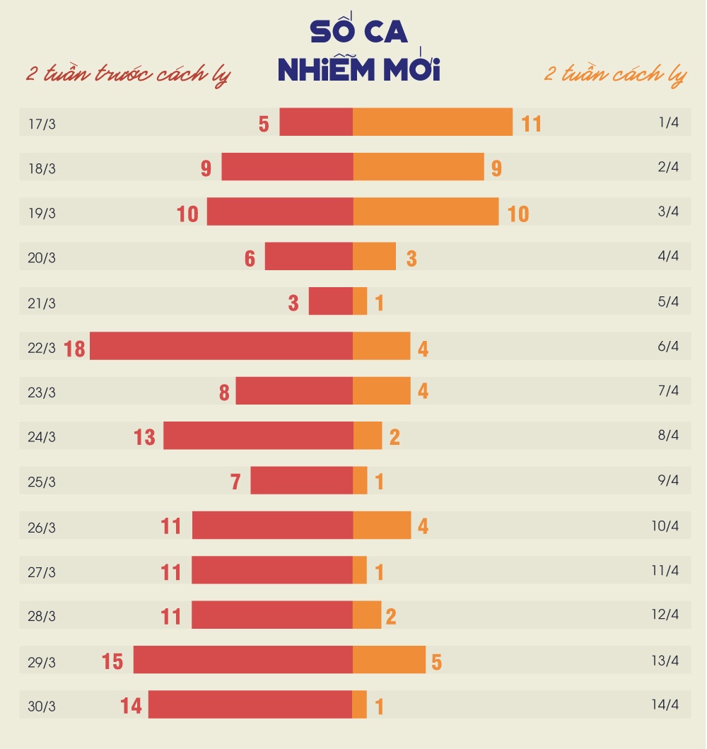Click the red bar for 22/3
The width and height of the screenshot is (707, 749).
[x=221, y=346]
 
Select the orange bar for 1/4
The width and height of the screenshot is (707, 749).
[x=433, y=122]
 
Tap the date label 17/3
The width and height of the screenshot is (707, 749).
[x=42, y=124]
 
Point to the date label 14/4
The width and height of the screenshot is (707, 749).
[x=665, y=704]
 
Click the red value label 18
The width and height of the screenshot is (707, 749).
[x=74, y=349]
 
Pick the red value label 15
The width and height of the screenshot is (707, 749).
[x=112, y=661]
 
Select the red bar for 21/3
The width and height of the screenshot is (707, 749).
[x=331, y=301]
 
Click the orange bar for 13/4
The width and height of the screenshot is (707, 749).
[x=389, y=659]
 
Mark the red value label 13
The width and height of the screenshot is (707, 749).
[x=144, y=437]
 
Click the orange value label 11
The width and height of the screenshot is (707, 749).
[x=531, y=124]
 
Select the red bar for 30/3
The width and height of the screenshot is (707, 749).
[x=250, y=704]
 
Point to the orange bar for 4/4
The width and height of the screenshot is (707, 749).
[x=374, y=256]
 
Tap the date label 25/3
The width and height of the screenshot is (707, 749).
[x=42, y=482]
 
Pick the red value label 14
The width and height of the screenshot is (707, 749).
[x=131, y=706]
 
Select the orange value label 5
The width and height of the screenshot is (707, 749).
[x=436, y=662]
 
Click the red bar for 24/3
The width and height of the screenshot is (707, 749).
[x=258, y=436]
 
